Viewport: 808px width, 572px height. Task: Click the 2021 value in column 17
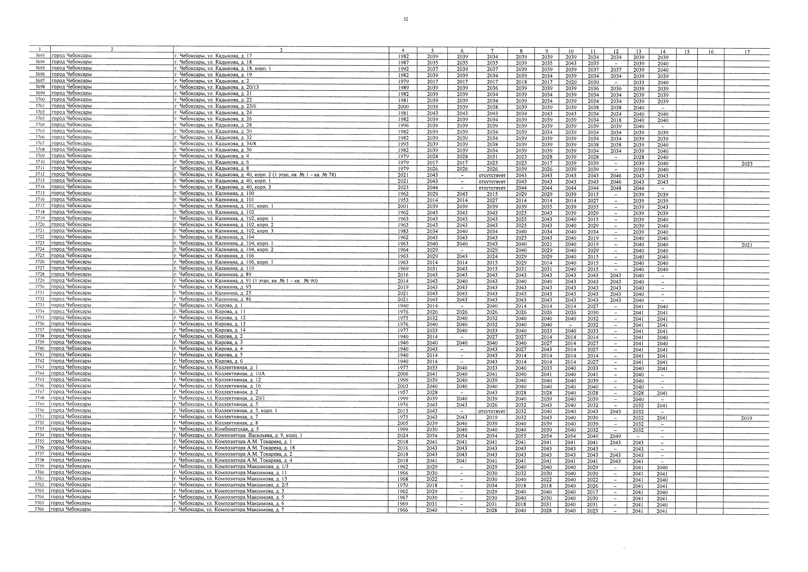click(x=747, y=245)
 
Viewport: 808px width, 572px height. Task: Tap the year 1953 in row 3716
click(x=403, y=200)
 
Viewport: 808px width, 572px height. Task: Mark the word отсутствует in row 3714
click(x=492, y=188)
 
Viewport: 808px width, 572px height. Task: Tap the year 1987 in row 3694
click(x=403, y=62)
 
